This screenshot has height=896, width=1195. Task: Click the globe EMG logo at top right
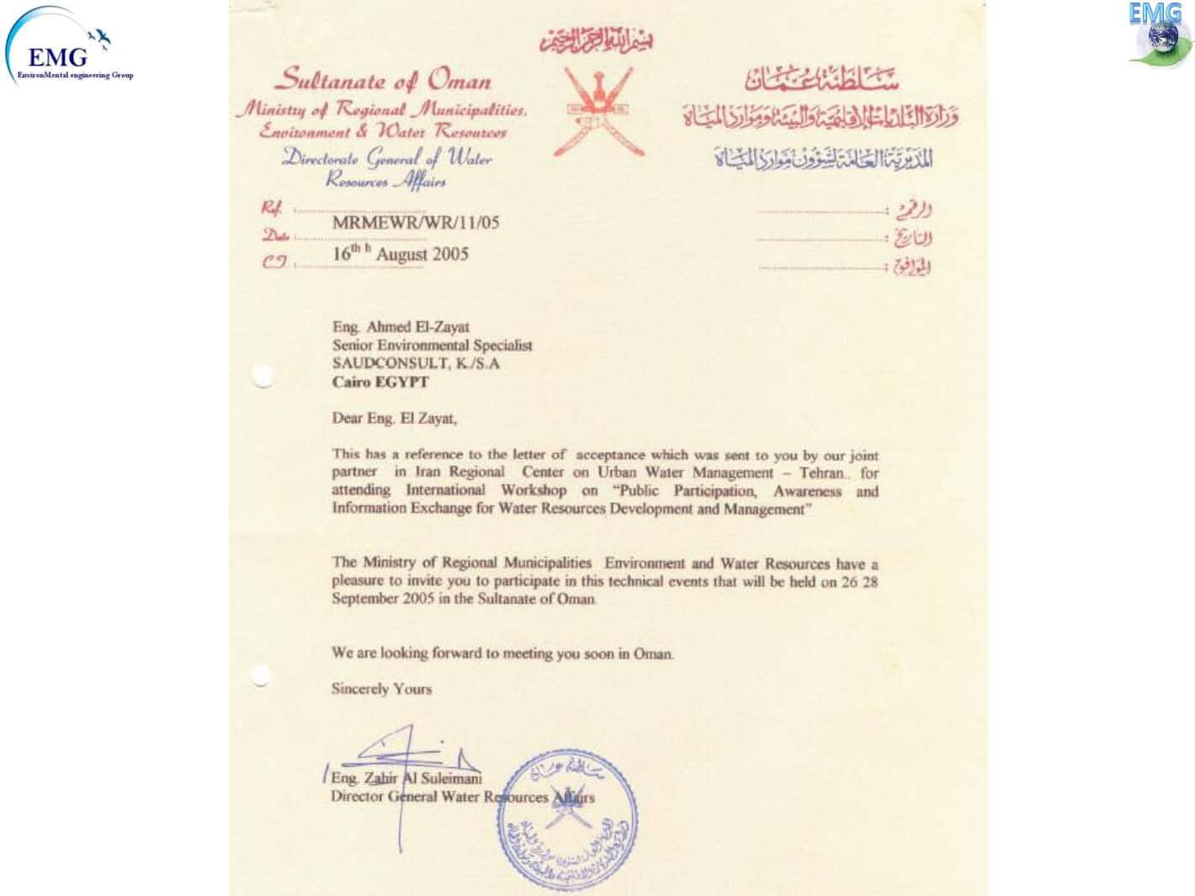click(x=1160, y=35)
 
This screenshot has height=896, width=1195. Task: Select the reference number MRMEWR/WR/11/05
click(x=416, y=223)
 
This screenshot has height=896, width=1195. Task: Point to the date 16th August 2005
click(x=401, y=254)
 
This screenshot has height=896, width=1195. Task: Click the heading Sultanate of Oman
click(x=384, y=81)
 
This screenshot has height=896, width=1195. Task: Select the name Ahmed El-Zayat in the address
click(x=417, y=327)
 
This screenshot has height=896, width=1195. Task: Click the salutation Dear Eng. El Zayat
click(x=394, y=418)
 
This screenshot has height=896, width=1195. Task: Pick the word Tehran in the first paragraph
click(x=821, y=473)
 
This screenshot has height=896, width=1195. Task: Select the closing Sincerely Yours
click(x=381, y=689)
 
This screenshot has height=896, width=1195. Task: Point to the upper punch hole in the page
click(x=263, y=376)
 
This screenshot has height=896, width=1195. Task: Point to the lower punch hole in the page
click(x=261, y=674)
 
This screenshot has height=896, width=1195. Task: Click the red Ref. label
click(x=272, y=209)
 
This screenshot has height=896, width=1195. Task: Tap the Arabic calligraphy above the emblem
click(x=596, y=40)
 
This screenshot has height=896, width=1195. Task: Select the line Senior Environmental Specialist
click(x=432, y=346)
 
